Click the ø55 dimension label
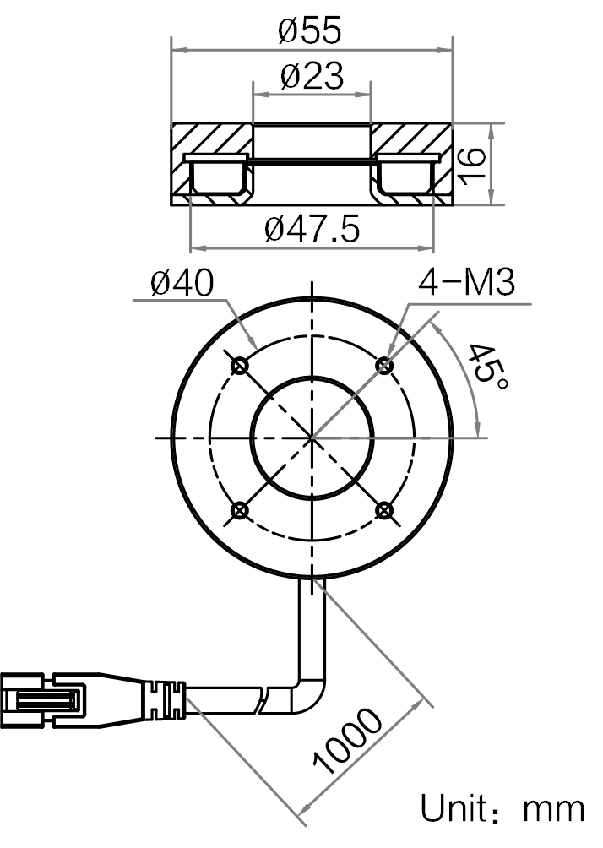click(310, 30)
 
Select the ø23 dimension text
click(312, 76)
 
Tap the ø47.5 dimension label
click(312, 229)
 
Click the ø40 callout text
click(182, 282)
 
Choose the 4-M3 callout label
click(467, 282)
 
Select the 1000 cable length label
click(348, 741)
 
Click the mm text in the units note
click(553, 812)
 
